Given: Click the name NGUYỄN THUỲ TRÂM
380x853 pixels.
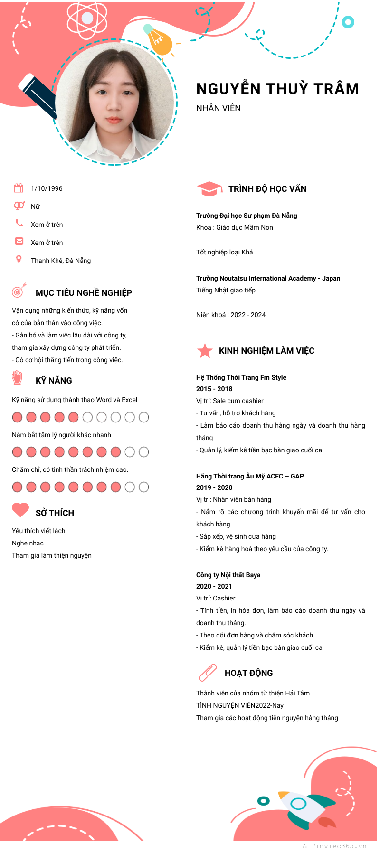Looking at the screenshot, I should pos(277,89).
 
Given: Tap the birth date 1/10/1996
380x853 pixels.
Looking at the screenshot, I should pos(47,188).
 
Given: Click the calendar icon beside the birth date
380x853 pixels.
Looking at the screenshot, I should pos(19,188).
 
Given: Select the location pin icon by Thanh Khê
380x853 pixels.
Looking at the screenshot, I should pos(19,259).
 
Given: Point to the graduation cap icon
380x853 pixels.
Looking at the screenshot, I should pos(209,189).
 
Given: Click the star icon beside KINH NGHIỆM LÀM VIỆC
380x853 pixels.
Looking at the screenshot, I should pos(205,351).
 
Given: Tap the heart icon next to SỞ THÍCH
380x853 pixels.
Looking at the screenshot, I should pos(20,510).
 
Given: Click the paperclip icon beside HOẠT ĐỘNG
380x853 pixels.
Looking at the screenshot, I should pos(208,673).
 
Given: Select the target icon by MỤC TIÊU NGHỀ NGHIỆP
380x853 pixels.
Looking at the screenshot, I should pos(19,291).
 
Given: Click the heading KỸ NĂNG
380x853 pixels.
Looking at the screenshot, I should pos(54,381).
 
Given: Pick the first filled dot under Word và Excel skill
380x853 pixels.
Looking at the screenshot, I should pos(17,417).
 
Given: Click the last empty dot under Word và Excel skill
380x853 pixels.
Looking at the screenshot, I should pos(143,417).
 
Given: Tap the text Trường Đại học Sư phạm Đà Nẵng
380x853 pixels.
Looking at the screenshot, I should pos(247,216).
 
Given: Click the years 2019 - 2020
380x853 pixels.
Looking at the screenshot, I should pos(214,487).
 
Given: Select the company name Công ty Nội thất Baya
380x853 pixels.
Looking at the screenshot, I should pos(228,575).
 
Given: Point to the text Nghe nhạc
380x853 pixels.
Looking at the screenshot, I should pos(28,543).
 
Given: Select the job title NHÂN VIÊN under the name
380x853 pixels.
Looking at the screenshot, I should pos(218,108).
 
